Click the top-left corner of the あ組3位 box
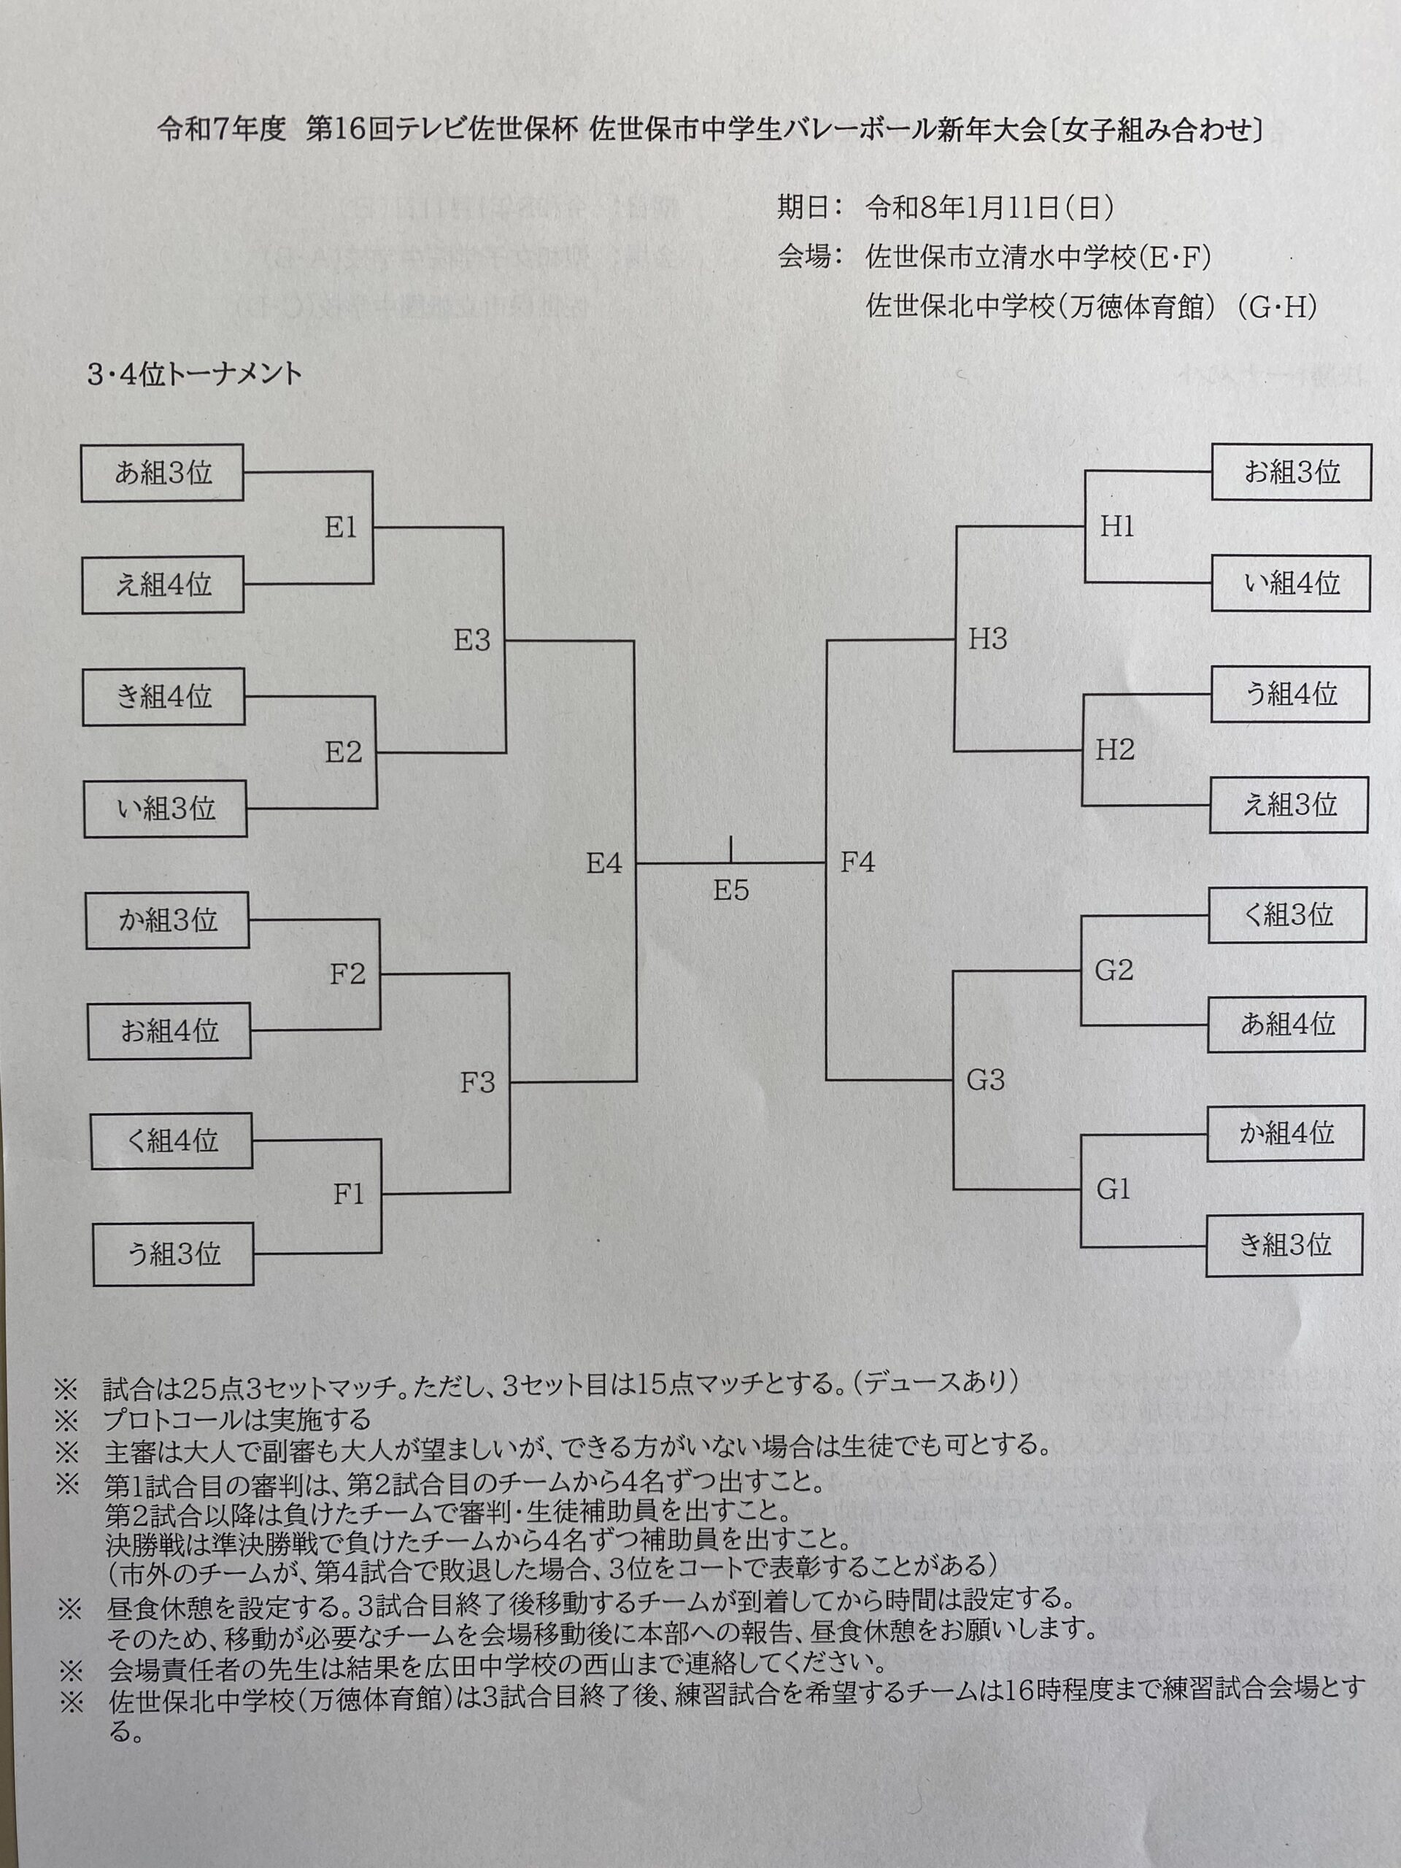[x=82, y=445]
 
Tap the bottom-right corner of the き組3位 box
[x=1362, y=1274]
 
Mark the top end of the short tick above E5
[x=730, y=837]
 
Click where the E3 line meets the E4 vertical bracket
[x=634, y=641]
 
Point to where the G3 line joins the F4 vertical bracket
[x=827, y=1080]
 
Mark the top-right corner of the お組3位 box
[x=1370, y=445]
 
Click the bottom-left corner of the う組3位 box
[x=93, y=1285]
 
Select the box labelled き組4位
[x=164, y=697]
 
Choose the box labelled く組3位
[x=1287, y=914]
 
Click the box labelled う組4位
[x=1290, y=694]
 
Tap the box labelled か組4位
[x=1285, y=1132]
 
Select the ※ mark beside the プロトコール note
[x=66, y=1419]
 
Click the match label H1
[x=1116, y=526]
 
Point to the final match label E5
[x=730, y=890]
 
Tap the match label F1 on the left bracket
[x=348, y=1194]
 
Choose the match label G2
[x=1114, y=970]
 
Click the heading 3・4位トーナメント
[x=194, y=375]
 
